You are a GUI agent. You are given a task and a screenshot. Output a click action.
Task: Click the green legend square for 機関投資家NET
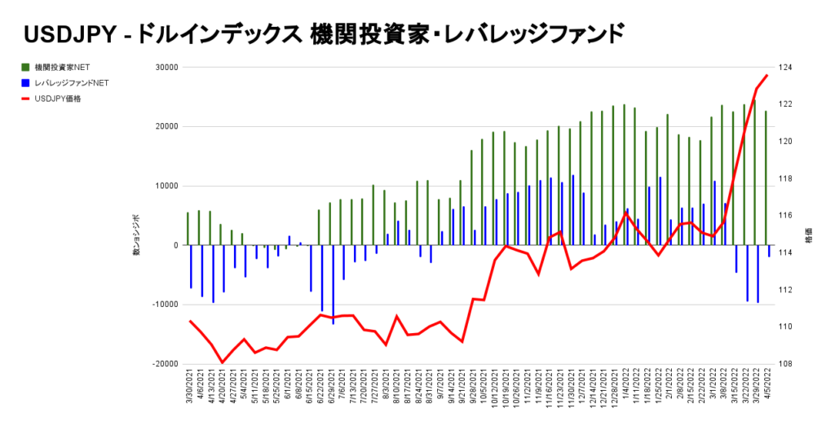coord(26,67)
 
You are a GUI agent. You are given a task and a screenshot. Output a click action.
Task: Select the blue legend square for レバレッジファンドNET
coord(26,83)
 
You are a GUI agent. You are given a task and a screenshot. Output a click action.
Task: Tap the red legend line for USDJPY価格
coord(26,99)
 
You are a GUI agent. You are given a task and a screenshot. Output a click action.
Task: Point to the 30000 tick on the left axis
coord(166,68)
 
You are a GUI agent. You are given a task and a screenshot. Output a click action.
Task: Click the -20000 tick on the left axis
coord(165,364)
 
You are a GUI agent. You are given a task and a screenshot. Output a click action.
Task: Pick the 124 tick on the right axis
coord(789,68)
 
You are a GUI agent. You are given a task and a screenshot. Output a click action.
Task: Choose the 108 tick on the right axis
coord(789,364)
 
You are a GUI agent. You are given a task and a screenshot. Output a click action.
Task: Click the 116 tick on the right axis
coord(789,216)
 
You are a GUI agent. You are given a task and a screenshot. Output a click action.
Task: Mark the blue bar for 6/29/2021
coord(333,284)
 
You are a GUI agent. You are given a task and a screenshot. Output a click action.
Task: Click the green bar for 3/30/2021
coord(188,229)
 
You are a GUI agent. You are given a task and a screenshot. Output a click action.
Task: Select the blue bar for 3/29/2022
coord(758,274)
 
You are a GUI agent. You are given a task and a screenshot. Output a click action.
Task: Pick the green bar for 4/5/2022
coord(765,178)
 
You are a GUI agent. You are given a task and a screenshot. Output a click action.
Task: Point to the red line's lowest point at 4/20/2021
coord(222,362)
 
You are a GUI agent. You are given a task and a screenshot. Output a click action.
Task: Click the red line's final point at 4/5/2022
coord(767,76)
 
